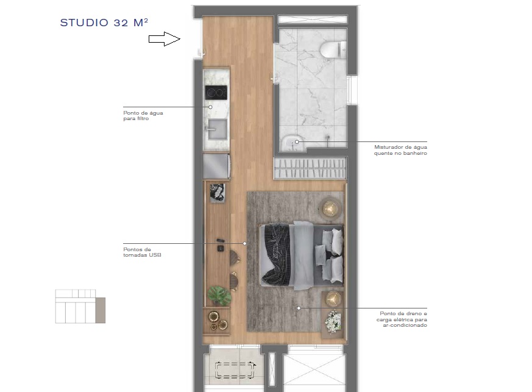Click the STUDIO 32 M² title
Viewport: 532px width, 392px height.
(x=104, y=23)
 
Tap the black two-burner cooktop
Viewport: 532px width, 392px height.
(x=215, y=93)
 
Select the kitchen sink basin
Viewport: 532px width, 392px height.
(x=216, y=129)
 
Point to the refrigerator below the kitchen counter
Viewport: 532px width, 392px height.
(x=216, y=166)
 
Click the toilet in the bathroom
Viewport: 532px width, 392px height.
(x=333, y=49)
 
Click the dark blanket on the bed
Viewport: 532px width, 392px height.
(x=277, y=254)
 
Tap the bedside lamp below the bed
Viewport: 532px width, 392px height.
(x=333, y=299)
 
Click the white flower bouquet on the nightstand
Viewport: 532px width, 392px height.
(x=333, y=321)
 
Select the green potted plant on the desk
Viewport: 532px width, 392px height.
(x=219, y=296)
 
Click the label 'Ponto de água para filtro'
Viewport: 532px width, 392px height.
(x=143, y=116)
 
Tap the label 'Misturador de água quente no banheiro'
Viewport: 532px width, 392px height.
(x=400, y=150)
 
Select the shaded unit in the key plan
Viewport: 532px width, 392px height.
(x=101, y=310)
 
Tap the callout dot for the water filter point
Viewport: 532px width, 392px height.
(x=211, y=107)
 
